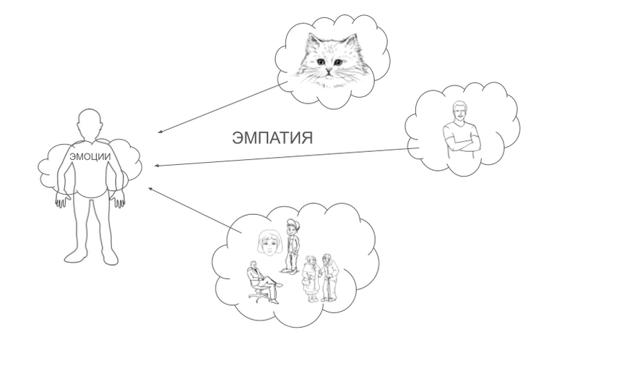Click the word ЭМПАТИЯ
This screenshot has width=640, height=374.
pos(272,138)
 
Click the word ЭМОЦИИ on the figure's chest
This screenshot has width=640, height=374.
pos(90,156)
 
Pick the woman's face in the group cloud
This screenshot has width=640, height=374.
pos(269,243)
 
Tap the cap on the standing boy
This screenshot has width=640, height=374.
pos(291,223)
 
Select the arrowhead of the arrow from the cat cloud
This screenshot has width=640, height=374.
pos(160,132)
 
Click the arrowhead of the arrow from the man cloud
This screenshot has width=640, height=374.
pos(157,166)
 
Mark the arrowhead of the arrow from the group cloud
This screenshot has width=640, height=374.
pos(150,188)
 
